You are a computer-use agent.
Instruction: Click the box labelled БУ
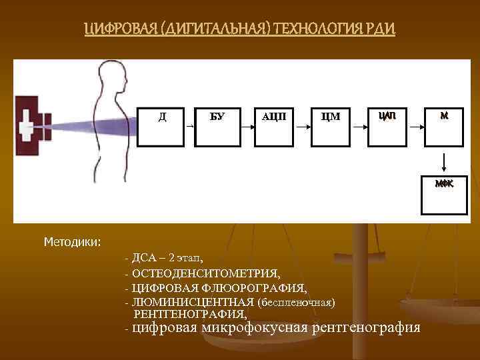tap(217, 125)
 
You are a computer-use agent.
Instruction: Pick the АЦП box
tap(275, 125)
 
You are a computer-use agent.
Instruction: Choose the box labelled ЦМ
tap(331, 125)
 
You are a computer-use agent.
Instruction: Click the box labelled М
tap(443, 125)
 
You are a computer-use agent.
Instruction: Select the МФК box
tap(443, 195)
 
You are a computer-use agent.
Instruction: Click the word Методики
tap(72, 241)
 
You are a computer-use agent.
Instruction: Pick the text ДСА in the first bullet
tap(144, 258)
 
